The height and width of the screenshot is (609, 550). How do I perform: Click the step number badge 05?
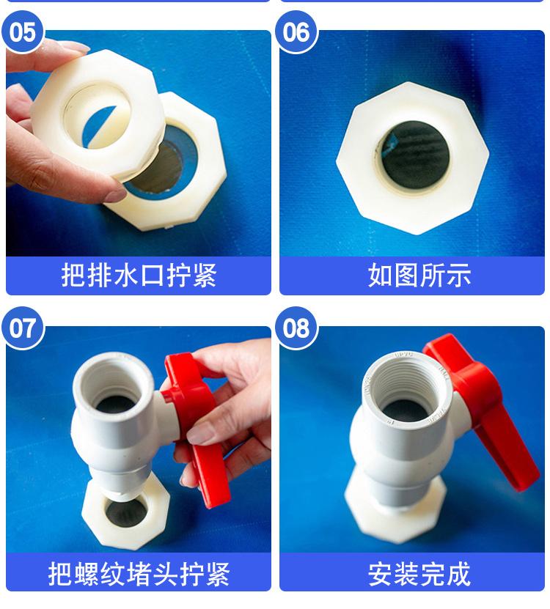pos(23,32)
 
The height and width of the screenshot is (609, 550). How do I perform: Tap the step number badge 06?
pos(296,32)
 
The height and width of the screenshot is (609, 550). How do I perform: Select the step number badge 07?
pos(23,328)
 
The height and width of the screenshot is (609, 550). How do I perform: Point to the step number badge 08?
pos(296,328)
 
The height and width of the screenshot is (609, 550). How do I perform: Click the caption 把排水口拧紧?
pos(139,276)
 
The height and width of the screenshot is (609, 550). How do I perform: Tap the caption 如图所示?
pos(419,276)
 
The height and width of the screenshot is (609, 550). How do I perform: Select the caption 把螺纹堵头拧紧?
pos(139,574)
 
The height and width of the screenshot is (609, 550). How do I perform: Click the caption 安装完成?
pos(419,574)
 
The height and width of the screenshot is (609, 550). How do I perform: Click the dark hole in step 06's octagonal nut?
pos(414,155)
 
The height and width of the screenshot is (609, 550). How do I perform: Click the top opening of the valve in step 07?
pos(114,389)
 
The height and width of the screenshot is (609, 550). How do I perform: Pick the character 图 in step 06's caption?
pos(406,276)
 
